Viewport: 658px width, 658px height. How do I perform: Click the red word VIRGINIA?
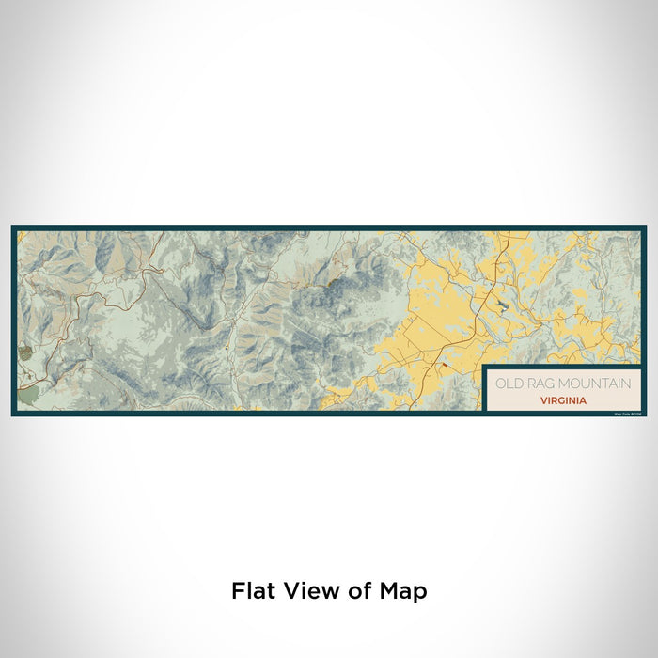[564, 399]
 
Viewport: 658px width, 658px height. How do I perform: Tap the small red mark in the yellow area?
[442, 364]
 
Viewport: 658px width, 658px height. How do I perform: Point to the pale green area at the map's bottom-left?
[28, 397]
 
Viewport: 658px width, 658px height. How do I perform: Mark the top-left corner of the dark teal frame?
[12, 226]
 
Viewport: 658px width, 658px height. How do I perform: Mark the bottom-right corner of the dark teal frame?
[646, 415]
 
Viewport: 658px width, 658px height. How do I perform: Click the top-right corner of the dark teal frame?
[646, 226]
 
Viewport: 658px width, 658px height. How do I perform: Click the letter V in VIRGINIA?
[543, 399]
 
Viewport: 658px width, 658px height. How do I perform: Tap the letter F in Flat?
[237, 590]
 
